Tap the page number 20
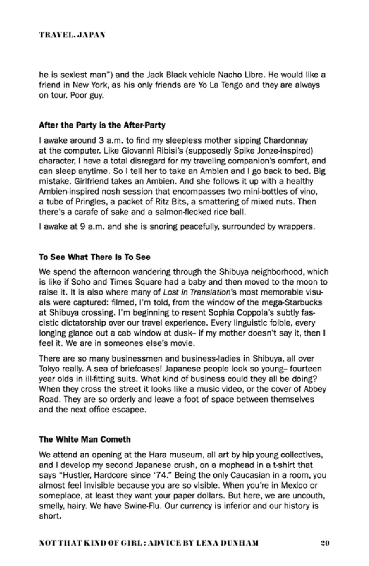[x=325, y=543]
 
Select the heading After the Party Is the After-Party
[x=102, y=125]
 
